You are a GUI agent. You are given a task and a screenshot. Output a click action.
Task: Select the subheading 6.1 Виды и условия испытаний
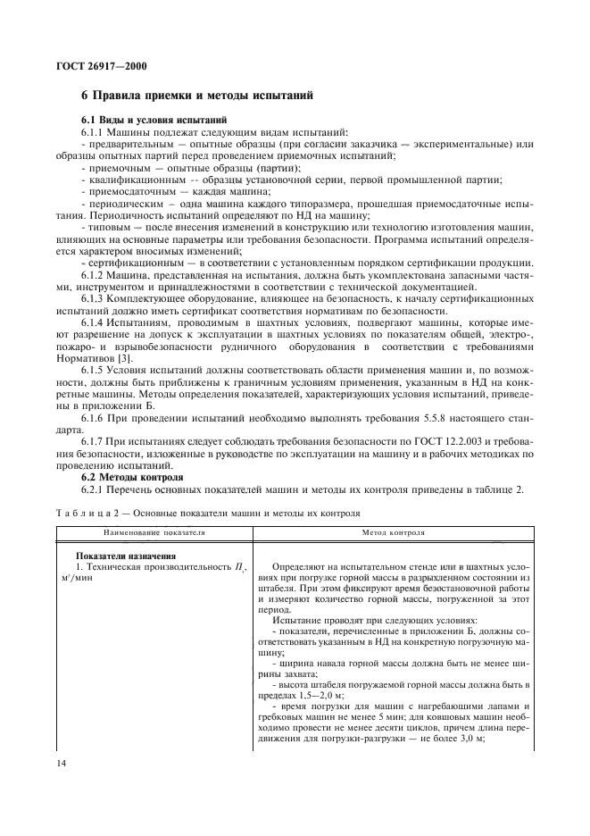coord(148,120)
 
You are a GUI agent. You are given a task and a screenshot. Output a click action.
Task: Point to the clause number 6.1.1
coord(95,131)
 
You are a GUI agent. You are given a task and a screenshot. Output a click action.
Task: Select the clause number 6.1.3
coord(95,298)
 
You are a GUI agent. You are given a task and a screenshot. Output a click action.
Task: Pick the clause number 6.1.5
coord(95,368)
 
